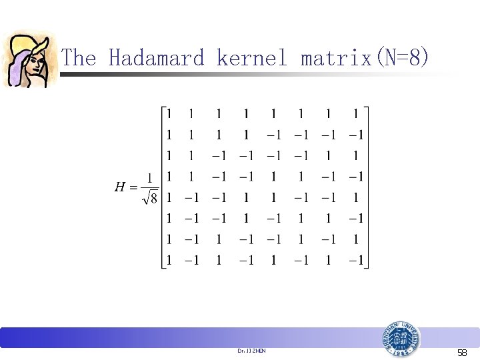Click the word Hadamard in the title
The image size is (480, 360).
click(156, 58)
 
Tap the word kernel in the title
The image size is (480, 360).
click(252, 58)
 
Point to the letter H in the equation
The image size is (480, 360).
click(121, 187)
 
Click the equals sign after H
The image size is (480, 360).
click(134, 187)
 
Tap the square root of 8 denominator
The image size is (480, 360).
click(150, 199)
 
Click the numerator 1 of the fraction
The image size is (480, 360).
click(150, 178)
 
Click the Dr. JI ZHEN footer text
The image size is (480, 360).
click(251, 350)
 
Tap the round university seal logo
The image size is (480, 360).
click(401, 341)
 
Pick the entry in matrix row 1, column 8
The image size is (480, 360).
click(355, 114)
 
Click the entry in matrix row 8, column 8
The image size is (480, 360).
click(355, 260)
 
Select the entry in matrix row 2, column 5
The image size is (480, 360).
click(273, 135)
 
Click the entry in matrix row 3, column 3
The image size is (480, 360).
click(219, 156)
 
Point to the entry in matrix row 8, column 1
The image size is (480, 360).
click(169, 260)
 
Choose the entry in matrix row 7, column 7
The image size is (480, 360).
click(327, 239)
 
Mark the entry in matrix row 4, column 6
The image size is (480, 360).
click(301, 177)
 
